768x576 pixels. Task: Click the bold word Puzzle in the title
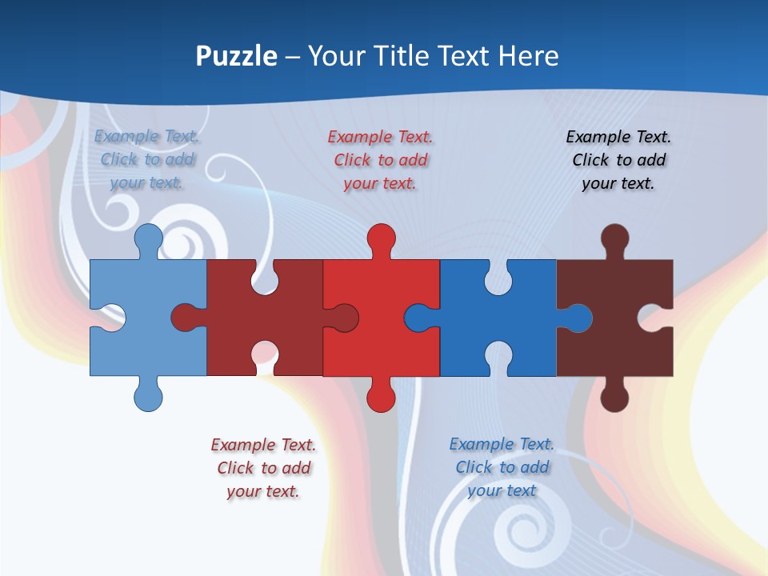coord(237,56)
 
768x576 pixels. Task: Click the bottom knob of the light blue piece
coord(148,397)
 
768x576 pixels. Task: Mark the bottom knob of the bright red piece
coord(381,397)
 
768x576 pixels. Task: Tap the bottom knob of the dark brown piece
coord(614,397)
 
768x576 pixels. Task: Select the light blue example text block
coord(147,159)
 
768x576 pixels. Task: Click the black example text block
coord(618,160)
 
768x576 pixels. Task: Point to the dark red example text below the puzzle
coord(263,468)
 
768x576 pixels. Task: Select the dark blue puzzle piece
coord(496,320)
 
